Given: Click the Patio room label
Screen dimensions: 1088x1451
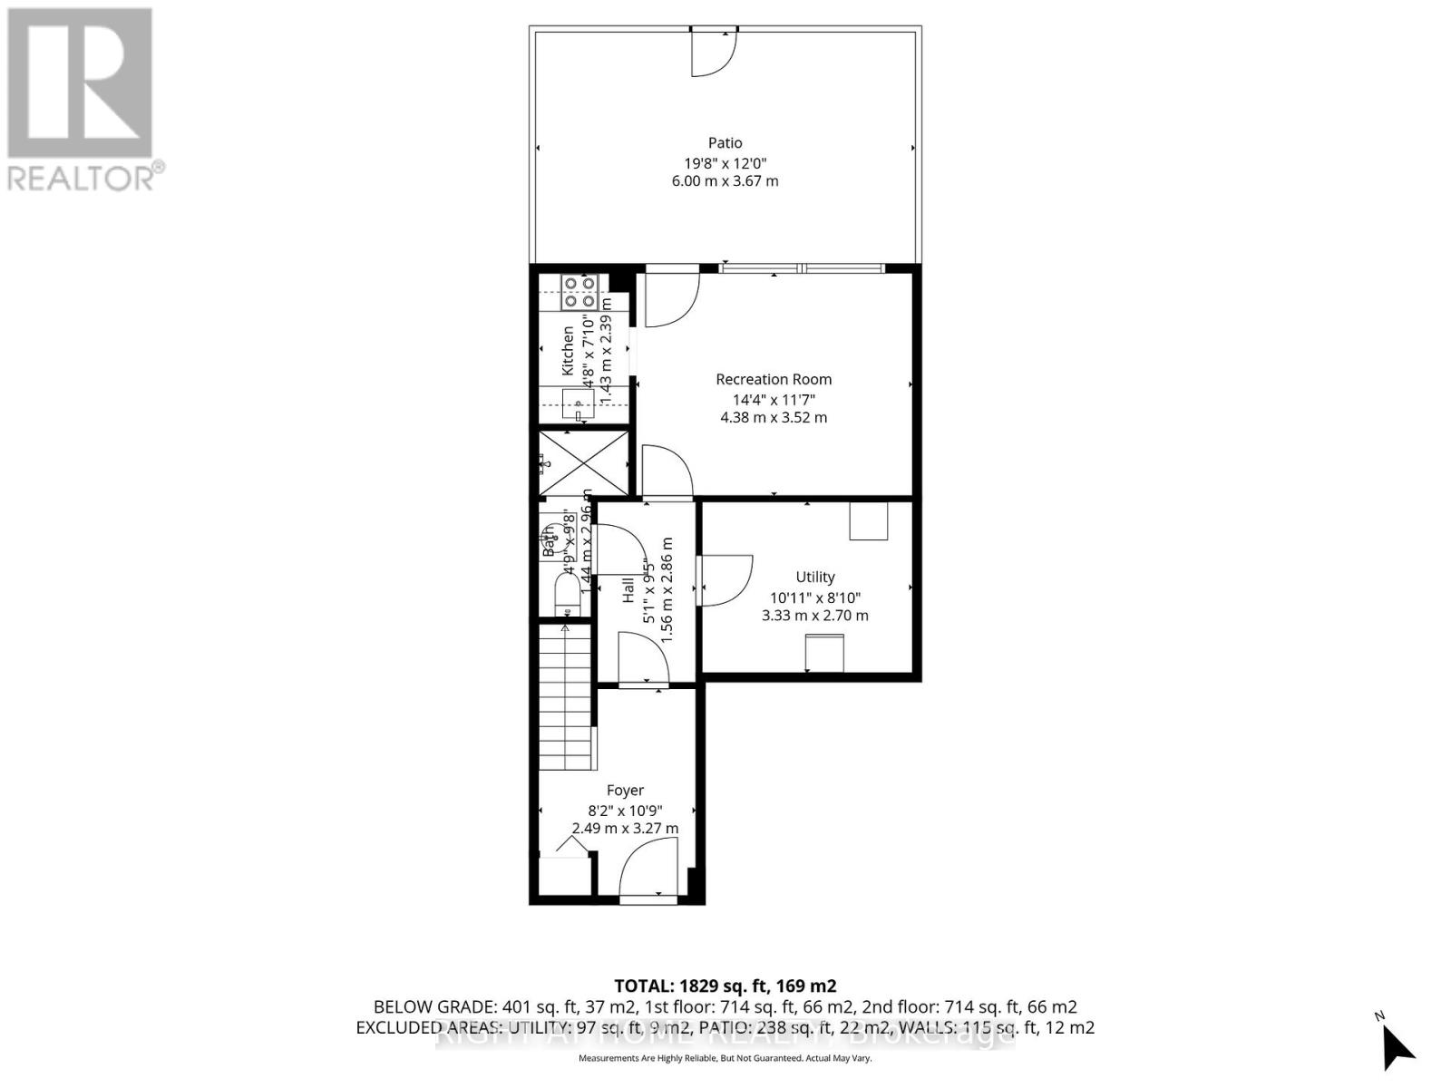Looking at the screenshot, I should [x=725, y=142].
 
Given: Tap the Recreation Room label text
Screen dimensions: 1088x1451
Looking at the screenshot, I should [x=773, y=379].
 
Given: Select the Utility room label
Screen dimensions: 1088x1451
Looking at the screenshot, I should [x=814, y=577].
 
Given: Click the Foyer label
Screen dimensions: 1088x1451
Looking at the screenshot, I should [x=625, y=791].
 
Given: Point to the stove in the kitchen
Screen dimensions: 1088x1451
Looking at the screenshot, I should [x=579, y=292].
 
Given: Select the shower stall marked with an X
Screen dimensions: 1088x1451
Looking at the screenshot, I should [x=584, y=463].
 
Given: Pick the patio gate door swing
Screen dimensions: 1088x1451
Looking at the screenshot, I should [x=713, y=53].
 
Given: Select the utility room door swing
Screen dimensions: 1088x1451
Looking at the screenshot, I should [x=725, y=580].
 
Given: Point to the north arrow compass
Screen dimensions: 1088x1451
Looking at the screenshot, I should [x=1397, y=1047].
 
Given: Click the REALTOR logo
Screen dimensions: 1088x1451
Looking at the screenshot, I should [x=82, y=100].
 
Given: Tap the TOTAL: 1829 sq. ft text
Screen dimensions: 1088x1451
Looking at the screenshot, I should [x=725, y=986].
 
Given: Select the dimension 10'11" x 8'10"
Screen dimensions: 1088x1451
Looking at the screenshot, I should [x=814, y=597].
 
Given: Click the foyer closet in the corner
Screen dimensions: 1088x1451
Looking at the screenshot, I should [x=563, y=875].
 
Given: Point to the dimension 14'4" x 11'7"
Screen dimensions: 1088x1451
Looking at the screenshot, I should [x=773, y=399].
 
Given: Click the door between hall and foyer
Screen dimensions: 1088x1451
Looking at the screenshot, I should [x=643, y=659].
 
